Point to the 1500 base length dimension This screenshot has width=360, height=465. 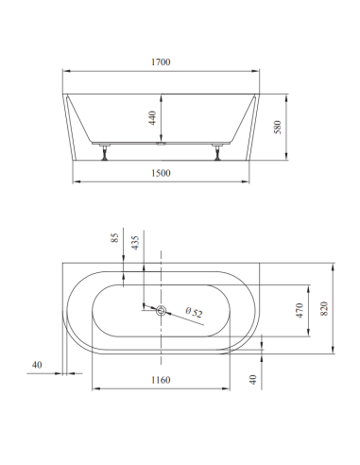(162, 175)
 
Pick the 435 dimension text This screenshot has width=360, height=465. (136, 242)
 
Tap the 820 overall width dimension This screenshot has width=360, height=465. (328, 308)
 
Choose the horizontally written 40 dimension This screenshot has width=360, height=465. (37, 363)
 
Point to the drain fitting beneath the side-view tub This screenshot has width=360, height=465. (162, 146)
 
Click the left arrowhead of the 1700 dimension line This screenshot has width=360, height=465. (66, 72)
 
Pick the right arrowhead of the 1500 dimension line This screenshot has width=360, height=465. (248, 181)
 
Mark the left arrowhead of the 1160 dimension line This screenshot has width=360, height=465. (93, 387)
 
